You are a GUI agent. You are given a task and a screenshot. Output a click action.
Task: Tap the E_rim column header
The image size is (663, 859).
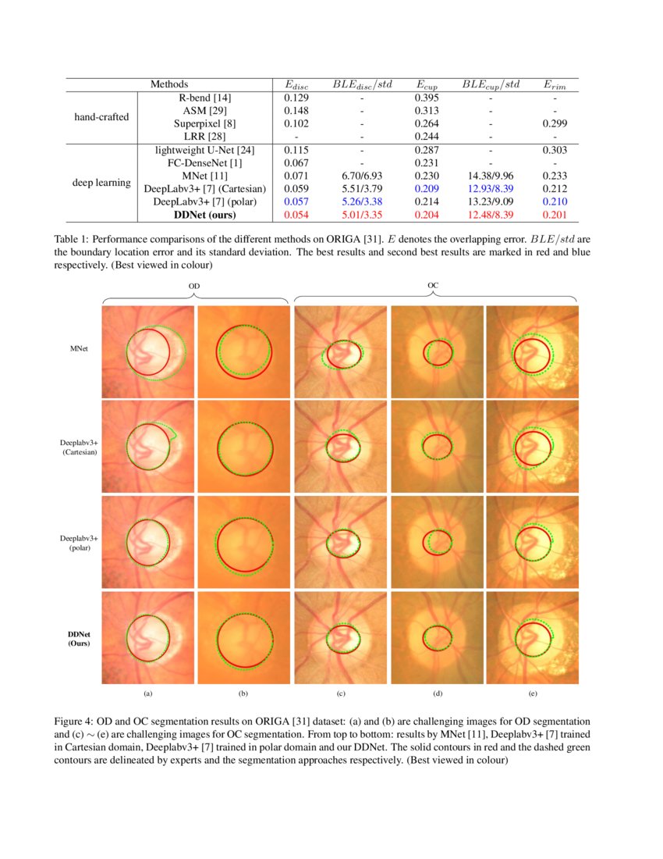pyautogui.click(x=554, y=84)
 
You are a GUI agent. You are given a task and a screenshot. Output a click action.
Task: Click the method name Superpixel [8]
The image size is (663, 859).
pyautogui.click(x=205, y=123)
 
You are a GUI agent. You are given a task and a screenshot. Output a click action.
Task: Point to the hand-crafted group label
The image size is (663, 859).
pyautogui.click(x=101, y=117)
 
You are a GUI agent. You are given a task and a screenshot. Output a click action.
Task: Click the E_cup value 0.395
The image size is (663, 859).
pyautogui.click(x=427, y=98)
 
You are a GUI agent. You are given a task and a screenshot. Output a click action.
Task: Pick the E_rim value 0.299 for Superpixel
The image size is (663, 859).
pyautogui.click(x=554, y=123)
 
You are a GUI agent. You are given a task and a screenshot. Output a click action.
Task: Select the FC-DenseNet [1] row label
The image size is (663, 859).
pyautogui.click(x=205, y=162)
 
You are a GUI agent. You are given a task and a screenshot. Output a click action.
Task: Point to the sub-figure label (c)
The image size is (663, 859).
pyautogui.click(x=341, y=693)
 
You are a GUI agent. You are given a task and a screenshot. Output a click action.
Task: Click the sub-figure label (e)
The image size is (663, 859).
pyautogui.click(x=533, y=693)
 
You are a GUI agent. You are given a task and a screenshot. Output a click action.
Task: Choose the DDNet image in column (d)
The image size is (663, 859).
pyautogui.click(x=437, y=638)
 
